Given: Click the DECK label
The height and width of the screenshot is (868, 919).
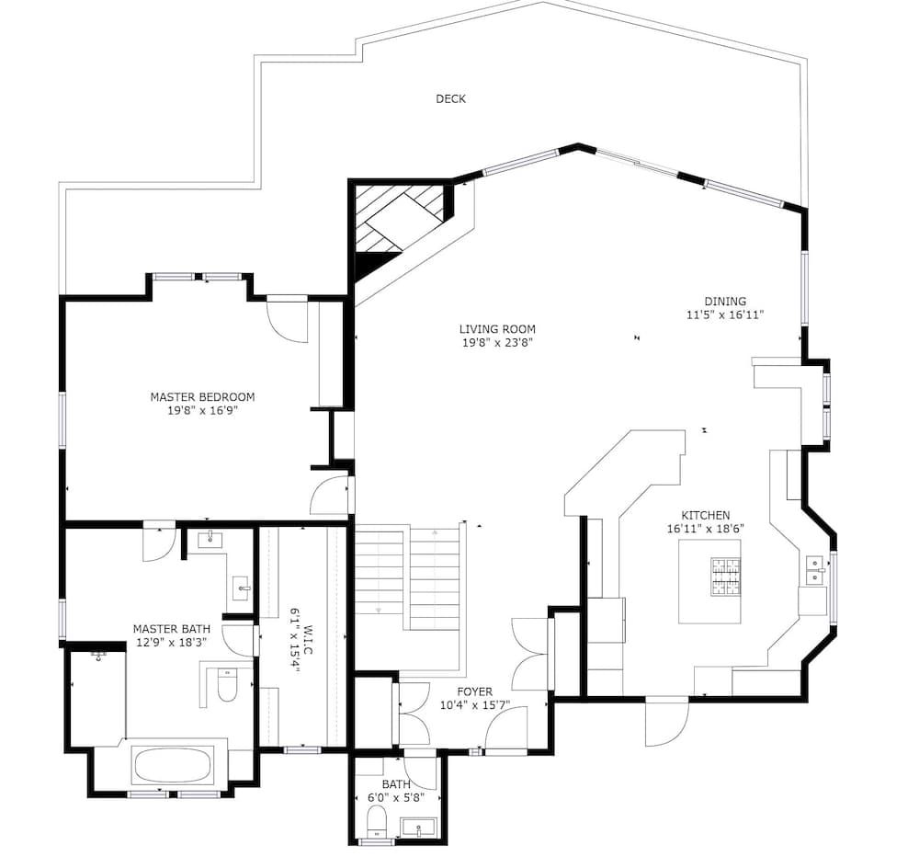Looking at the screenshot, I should [450, 99].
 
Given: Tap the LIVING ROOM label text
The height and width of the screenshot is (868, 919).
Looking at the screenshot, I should [497, 329].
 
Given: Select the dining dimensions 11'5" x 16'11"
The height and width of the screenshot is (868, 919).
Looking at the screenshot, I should [725, 314].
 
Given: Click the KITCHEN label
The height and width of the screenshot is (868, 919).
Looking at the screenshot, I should [705, 516].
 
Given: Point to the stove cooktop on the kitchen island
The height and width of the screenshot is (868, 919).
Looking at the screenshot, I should [723, 577].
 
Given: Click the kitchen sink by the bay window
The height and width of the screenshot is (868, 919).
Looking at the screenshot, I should [814, 570].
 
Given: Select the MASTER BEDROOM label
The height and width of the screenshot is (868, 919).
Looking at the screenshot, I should [202, 397].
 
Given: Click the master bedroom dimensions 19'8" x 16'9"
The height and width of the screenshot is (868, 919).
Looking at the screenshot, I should [202, 411].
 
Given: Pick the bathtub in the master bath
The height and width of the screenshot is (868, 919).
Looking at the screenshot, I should [173, 765].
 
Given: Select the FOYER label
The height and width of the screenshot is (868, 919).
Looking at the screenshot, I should [474, 692].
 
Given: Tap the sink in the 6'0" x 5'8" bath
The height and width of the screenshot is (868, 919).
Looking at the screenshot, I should [422, 827].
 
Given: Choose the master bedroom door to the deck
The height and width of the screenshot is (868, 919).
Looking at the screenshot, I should [287, 318].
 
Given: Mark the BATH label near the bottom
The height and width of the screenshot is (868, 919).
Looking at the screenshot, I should [397, 784].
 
